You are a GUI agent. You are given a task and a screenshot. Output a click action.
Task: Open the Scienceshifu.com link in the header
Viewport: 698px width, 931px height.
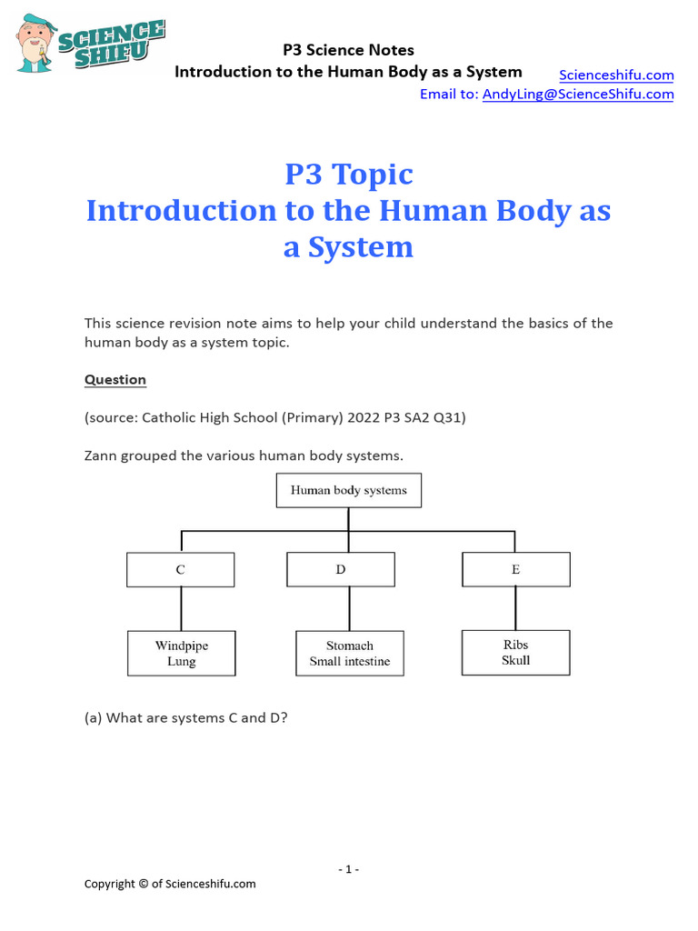[616, 75]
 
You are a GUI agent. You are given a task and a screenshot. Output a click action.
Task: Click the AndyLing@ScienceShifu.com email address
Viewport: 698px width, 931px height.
[578, 94]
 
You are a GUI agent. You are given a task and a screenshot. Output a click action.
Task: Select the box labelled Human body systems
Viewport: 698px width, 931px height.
[348, 490]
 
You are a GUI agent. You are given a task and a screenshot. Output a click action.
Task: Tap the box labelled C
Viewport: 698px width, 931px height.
[180, 570]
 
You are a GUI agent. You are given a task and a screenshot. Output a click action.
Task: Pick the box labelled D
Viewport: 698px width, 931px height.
[341, 570]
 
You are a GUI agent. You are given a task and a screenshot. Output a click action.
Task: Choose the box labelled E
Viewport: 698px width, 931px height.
[515, 570]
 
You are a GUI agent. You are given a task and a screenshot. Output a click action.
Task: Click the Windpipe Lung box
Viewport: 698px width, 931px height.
[181, 653]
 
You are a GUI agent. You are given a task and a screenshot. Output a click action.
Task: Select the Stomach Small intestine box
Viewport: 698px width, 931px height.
[350, 653]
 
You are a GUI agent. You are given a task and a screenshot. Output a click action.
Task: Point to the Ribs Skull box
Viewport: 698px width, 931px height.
[515, 652]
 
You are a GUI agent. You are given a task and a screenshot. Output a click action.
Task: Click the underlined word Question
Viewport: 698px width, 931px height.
[115, 379]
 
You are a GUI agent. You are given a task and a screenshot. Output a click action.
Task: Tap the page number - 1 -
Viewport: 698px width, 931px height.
[348, 869]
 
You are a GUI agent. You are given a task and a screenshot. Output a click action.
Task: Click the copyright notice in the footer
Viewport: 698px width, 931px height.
[170, 884]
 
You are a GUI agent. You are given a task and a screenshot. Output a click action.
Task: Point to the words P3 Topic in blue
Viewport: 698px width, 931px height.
[348, 174]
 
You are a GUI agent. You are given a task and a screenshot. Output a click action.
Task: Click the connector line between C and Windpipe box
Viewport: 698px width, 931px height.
[181, 608]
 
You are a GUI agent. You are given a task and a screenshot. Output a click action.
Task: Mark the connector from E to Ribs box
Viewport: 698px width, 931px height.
[515, 607]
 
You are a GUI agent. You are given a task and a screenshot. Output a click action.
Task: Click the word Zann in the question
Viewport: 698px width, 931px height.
[101, 455]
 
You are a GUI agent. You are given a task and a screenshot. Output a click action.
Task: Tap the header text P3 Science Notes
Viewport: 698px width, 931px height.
[348, 50]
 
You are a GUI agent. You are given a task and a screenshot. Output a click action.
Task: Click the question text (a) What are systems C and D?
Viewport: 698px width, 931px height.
[198, 717]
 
